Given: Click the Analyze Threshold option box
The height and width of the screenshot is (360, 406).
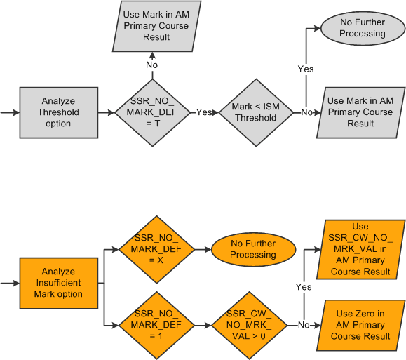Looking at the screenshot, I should pyautogui.click(x=58, y=112).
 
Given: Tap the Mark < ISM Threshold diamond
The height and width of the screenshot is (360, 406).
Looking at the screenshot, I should pyautogui.click(x=255, y=112).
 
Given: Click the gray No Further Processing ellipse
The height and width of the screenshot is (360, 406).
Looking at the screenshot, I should pyautogui.click(x=362, y=28).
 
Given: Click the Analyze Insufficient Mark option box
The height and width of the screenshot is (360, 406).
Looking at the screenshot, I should pyautogui.click(x=58, y=283).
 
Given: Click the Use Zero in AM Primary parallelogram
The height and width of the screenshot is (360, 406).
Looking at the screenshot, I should pyautogui.click(x=360, y=325).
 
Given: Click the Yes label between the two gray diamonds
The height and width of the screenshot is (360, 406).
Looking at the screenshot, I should pyautogui.click(x=203, y=112).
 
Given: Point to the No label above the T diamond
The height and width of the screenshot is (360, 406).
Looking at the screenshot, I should pyautogui.click(x=151, y=64).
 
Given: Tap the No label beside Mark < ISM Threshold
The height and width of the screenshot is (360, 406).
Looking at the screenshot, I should pyautogui.click(x=306, y=112).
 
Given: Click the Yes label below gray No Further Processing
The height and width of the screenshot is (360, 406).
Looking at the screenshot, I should pyautogui.click(x=306, y=69).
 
